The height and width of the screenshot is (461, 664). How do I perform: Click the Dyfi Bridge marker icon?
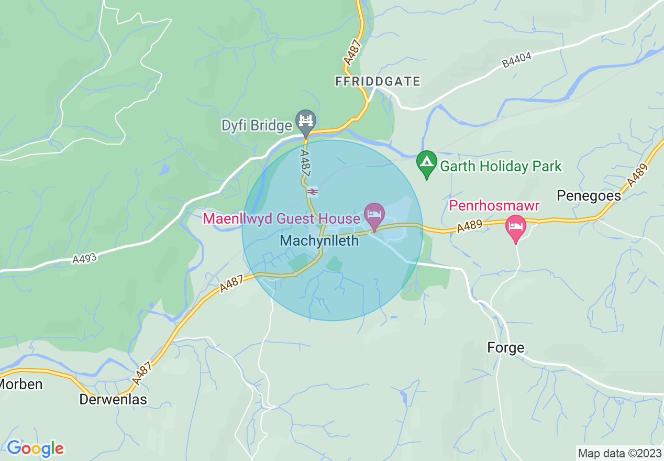click(305, 122)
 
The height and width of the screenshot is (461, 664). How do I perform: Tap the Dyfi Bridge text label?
click(257, 126)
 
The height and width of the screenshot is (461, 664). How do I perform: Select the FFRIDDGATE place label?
click(378, 81)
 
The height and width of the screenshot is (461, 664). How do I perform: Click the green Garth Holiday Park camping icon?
click(427, 163)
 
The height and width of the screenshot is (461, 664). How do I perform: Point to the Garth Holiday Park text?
click(501, 167)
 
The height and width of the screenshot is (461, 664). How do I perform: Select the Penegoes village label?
click(589, 195)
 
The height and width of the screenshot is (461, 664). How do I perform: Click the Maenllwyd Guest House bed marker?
click(374, 215)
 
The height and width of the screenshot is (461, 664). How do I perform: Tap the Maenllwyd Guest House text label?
click(281, 218)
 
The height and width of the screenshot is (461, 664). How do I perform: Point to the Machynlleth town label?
click(319, 240)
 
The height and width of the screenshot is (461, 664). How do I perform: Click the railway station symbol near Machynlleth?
click(312, 192)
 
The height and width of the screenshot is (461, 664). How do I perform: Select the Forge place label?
click(505, 347)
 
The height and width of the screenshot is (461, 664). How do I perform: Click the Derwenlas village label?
click(113, 399)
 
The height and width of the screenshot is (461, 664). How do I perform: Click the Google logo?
click(35, 448)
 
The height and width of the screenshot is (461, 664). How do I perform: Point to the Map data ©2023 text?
click(619, 453)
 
